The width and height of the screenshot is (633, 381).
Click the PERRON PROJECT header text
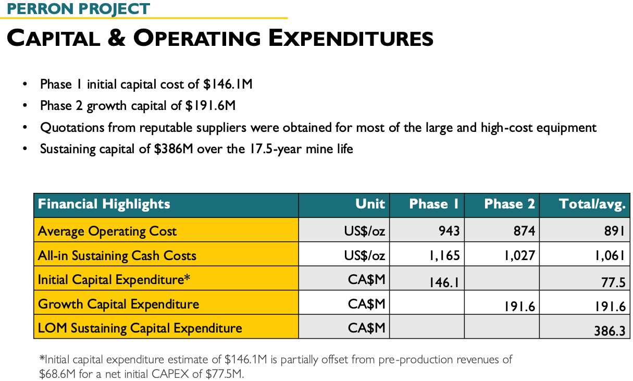click(79, 9)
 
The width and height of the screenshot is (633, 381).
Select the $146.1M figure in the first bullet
click(228, 84)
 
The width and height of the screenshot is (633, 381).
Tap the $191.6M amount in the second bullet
click(210, 106)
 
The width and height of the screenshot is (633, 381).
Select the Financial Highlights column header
click(104, 204)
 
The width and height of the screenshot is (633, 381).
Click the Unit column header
click(370, 204)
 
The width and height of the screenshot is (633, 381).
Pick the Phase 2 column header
click(510, 204)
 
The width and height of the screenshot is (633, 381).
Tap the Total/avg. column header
click(592, 204)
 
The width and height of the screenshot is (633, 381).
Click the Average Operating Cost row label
click(107, 231)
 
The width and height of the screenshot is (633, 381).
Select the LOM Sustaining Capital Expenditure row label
click(140, 328)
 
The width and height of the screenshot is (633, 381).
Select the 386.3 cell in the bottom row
click(610, 330)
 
